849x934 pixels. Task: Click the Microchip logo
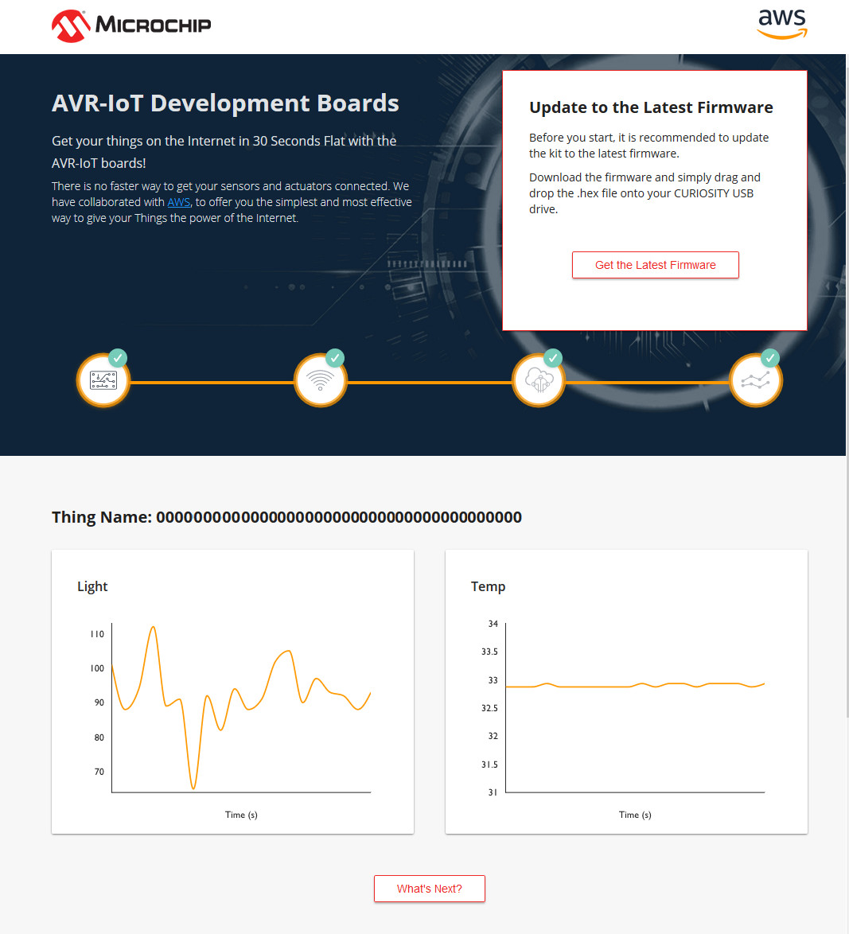point(131,25)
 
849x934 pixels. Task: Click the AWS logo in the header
point(782,25)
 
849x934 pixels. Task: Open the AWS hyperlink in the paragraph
point(179,202)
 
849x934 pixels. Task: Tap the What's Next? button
point(430,889)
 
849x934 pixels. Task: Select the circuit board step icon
point(103,380)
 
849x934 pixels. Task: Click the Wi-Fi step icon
point(321,380)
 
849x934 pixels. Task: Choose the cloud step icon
point(539,380)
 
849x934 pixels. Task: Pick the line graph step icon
point(755,380)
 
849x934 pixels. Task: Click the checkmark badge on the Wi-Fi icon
point(335,358)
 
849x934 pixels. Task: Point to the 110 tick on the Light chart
point(97,634)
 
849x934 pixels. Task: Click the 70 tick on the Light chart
point(99,772)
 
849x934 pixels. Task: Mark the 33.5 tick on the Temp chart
point(489,652)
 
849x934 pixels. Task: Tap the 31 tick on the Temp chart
point(493,792)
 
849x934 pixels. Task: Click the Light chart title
point(92,586)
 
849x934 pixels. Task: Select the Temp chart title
point(488,586)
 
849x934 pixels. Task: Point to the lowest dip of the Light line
point(193,788)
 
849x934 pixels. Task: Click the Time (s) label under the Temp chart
point(635,815)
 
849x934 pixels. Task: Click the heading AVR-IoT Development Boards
point(225,103)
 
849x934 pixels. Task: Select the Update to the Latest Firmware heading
point(651,107)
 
